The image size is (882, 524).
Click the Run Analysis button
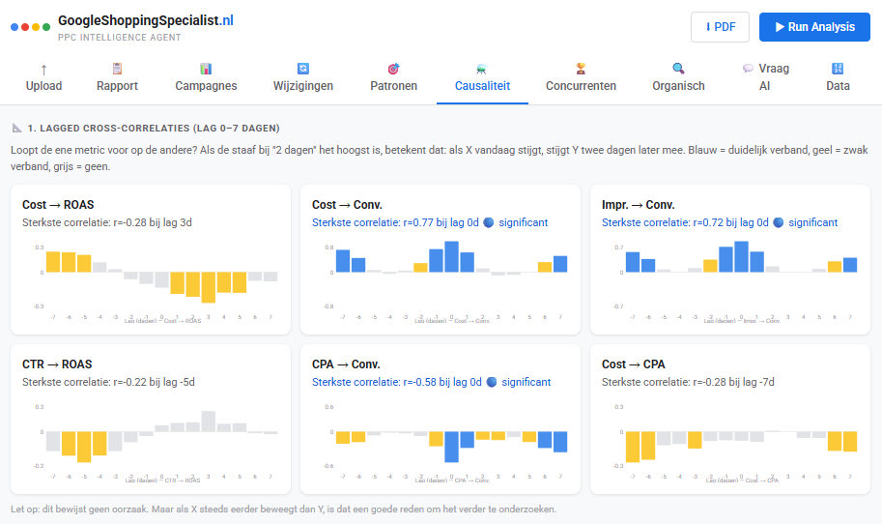(x=814, y=27)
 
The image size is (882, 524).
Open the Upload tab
(x=43, y=78)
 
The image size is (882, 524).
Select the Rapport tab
(x=117, y=78)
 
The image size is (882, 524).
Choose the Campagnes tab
(x=206, y=78)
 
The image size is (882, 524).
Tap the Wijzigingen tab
(x=303, y=78)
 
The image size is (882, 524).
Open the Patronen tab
(x=393, y=78)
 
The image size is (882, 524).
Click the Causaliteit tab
(x=481, y=78)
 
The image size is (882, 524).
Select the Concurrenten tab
(x=581, y=78)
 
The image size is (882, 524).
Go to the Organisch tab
(x=678, y=78)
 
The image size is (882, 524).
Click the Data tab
(x=838, y=78)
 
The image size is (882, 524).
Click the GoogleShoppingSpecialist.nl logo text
(x=145, y=20)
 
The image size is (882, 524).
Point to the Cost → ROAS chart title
(x=58, y=205)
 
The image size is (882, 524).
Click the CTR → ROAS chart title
(x=57, y=364)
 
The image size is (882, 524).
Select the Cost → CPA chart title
(x=633, y=364)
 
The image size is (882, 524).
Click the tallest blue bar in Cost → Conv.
(x=451, y=257)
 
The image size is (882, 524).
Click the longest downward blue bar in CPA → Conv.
(x=451, y=447)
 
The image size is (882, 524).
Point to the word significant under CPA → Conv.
(x=526, y=382)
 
